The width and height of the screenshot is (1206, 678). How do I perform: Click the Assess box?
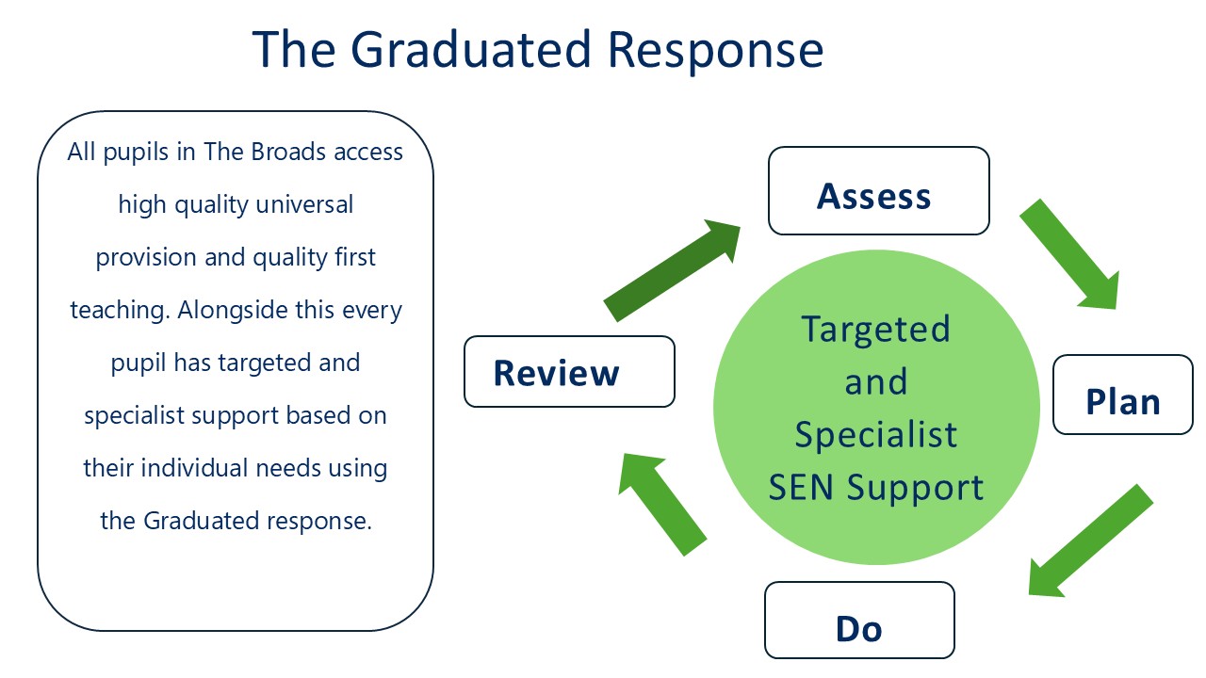[878, 191]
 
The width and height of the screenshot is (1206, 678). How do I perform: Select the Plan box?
[1122, 395]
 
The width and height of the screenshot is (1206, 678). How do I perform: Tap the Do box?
[859, 621]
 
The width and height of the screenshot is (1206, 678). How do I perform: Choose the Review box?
[569, 372]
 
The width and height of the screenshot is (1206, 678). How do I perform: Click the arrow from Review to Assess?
[671, 270]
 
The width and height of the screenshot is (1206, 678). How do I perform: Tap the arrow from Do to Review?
[661, 502]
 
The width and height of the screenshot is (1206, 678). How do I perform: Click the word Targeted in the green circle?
[876, 330]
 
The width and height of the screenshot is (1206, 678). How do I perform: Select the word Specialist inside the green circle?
[876, 434]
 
